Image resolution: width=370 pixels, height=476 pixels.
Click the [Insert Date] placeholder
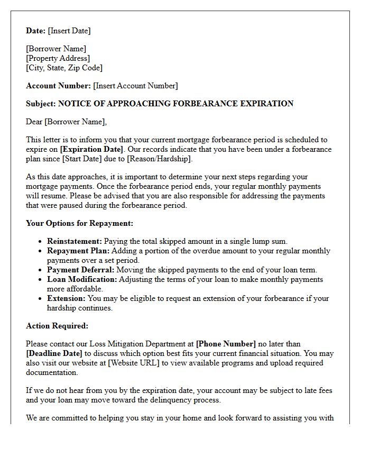pos(69,31)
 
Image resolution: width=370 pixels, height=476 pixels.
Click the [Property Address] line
pos(58,58)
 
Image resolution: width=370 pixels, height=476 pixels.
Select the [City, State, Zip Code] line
pos(64,68)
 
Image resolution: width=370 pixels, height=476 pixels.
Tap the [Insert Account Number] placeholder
pos(135,86)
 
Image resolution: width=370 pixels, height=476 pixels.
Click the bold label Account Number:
pos(58,86)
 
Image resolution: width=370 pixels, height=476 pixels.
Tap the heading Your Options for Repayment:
pos(79,223)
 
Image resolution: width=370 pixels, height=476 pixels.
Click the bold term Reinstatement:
pos(74,241)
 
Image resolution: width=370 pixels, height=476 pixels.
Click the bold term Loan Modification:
pos(82,279)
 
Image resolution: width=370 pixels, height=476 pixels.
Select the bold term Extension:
pos(67,298)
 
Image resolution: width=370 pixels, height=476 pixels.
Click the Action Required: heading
pos(57,326)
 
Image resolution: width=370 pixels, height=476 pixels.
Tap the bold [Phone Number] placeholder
pos(226,344)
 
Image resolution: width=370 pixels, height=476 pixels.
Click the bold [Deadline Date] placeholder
pos(54,353)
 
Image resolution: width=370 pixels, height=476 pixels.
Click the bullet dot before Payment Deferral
pos(41,270)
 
